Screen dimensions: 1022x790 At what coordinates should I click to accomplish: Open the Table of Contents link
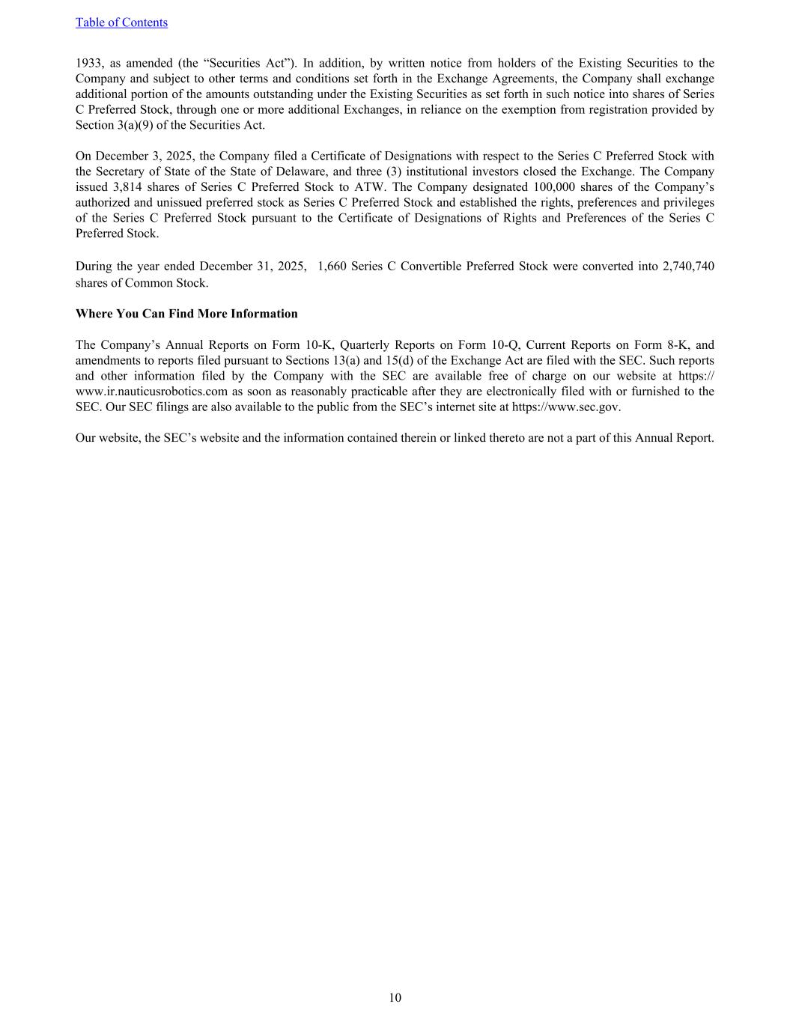click(121, 22)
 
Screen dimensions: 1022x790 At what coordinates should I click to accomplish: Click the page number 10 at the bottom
click(395, 997)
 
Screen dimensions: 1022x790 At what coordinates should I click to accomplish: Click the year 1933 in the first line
click(89, 63)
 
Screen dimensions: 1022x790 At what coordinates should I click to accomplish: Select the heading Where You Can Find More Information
click(186, 314)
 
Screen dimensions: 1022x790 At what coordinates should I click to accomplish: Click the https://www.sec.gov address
click(565, 407)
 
